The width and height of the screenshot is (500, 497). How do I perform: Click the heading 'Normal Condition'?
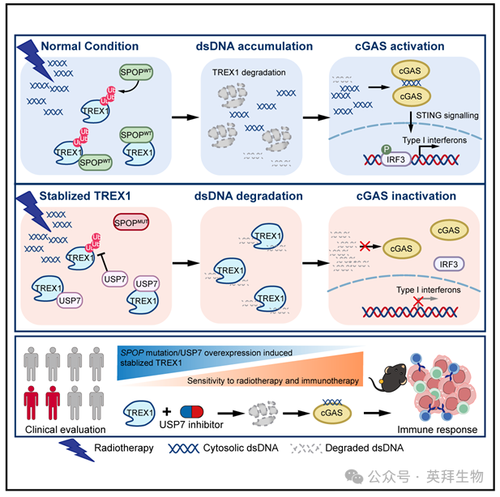coord(89,46)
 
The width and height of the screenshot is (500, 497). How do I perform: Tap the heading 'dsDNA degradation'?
coord(250,196)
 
